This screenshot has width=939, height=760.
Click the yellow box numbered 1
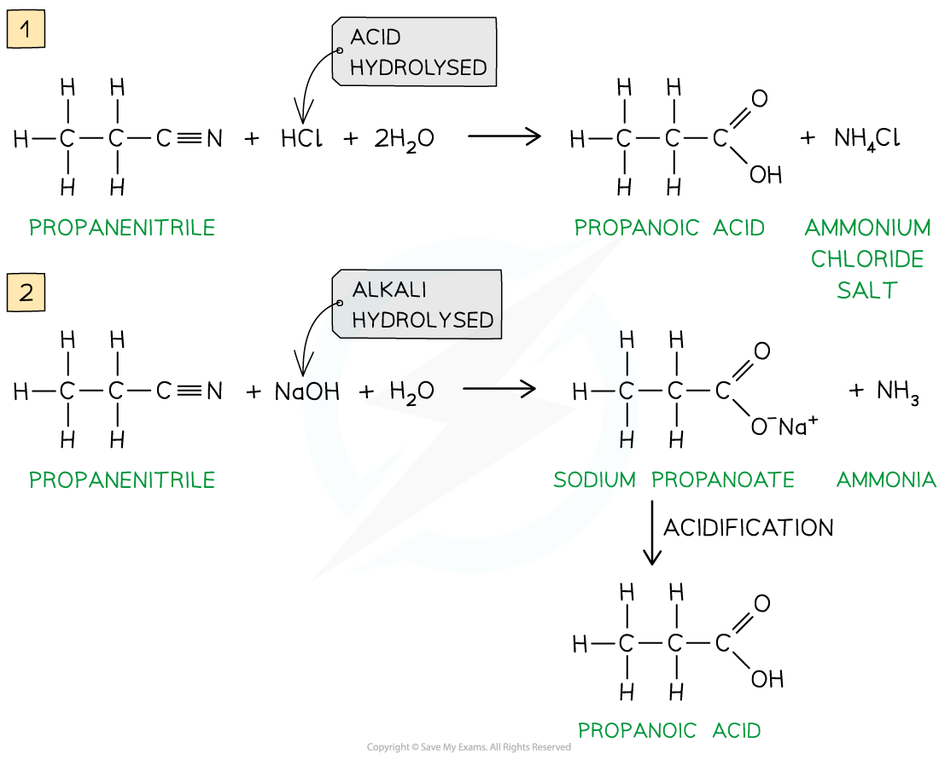pyautogui.click(x=26, y=31)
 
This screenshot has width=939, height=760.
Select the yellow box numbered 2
pyautogui.click(x=26, y=293)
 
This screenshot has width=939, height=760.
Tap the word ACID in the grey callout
pyautogui.click(x=375, y=38)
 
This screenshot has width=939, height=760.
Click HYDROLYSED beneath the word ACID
pyautogui.click(x=418, y=67)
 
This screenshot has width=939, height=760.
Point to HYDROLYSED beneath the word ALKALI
pyautogui.click(x=423, y=320)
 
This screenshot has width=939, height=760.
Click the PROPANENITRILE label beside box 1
pyautogui.click(x=122, y=228)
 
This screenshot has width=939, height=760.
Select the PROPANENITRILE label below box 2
pyautogui.click(x=122, y=480)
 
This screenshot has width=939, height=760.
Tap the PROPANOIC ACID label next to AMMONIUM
pyautogui.click(x=669, y=228)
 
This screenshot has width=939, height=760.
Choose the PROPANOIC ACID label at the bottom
pyautogui.click(x=669, y=731)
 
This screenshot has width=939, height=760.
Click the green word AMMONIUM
pyautogui.click(x=867, y=228)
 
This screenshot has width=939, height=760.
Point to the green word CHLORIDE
pyautogui.click(x=867, y=259)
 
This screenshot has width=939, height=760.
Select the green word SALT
pyautogui.click(x=867, y=291)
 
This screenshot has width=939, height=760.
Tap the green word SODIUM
pyautogui.click(x=594, y=480)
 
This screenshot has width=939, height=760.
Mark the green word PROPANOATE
pyautogui.click(x=723, y=480)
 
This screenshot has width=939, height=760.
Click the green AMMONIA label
pyautogui.click(x=886, y=480)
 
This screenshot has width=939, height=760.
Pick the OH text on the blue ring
pyautogui.click(x=322, y=392)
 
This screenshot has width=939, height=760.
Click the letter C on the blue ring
pyautogui.click(x=627, y=392)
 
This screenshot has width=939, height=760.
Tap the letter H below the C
pyautogui.click(x=627, y=440)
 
